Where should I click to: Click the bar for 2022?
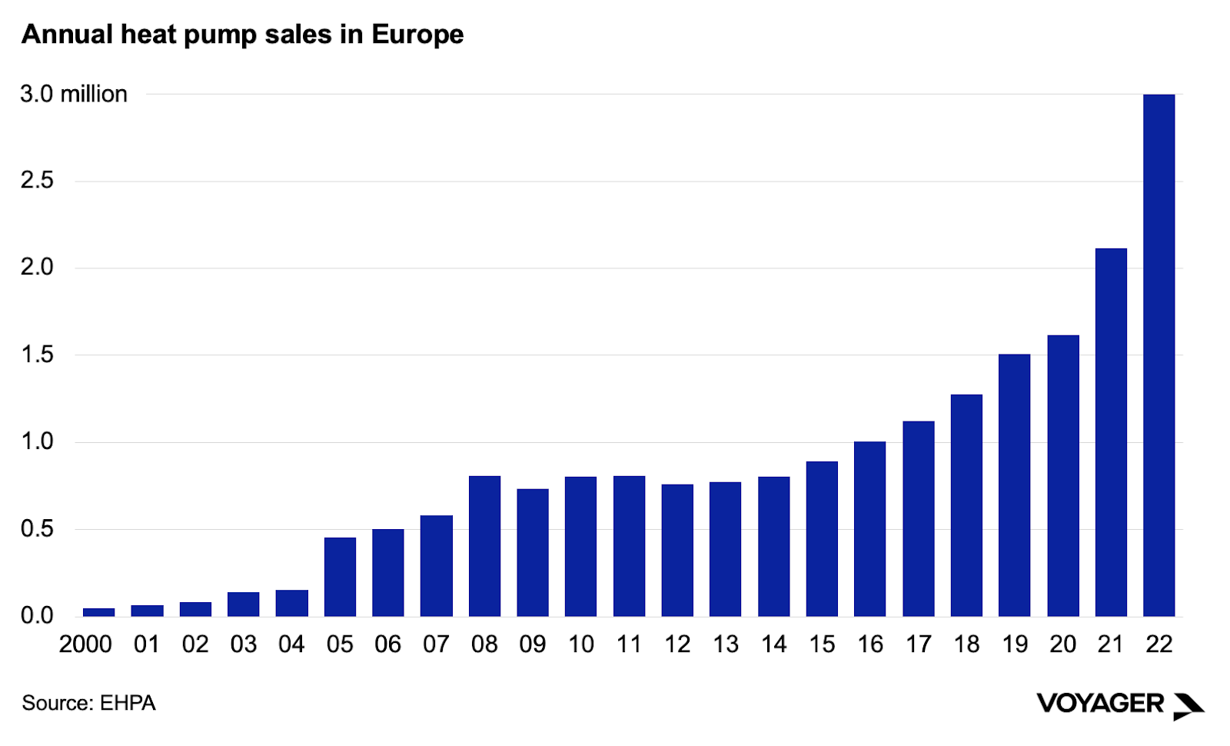[1159, 354]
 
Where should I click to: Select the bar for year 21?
[1111, 431]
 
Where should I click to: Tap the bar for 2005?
[340, 577]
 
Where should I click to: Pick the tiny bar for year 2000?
[98, 612]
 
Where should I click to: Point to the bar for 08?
[484, 546]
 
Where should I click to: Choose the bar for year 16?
[869, 529]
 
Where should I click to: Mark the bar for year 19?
[1014, 485]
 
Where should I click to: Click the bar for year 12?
[677, 550]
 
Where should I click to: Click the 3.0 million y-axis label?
[74, 94]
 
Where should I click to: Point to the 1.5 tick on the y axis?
[37, 355]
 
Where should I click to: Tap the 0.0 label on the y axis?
[37, 615]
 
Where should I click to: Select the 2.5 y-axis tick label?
[37, 181]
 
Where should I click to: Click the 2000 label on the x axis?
[85, 644]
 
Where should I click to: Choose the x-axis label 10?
[581, 644]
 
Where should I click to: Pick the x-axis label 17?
[918, 644]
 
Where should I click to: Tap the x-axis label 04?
[291, 644]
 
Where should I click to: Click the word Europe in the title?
[417, 35]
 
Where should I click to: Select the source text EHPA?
[128, 703]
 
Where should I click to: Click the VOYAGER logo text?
[1099, 703]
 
